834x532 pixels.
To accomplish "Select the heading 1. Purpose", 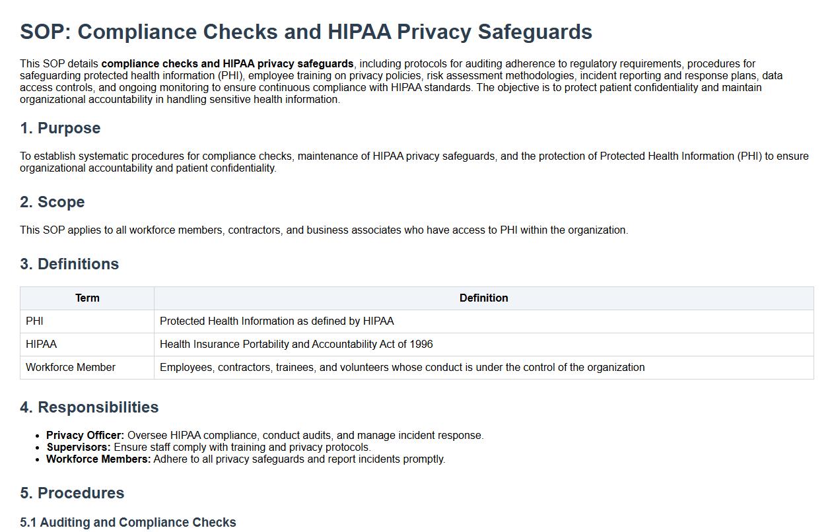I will tap(60, 128).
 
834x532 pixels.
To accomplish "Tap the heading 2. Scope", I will tap(52, 202).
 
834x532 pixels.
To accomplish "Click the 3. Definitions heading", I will tap(69, 264).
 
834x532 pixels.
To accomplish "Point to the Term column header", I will tap(87, 298).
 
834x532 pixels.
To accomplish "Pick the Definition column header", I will tap(483, 298).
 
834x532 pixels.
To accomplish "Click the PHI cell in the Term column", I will tap(34, 321).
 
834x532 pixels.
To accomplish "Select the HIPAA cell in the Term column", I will tap(41, 345).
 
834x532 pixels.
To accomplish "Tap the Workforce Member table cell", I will tap(71, 368).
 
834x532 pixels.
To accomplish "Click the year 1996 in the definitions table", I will tap(421, 345).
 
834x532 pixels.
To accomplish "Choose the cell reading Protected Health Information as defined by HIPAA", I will tap(277, 321).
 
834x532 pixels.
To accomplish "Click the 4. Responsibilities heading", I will tap(89, 407).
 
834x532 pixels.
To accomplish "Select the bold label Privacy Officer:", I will tap(85, 436).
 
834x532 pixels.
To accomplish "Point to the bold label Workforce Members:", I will tap(98, 459).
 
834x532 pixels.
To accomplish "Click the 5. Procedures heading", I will tap(72, 493).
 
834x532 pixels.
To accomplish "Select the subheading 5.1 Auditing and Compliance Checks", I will tap(128, 522).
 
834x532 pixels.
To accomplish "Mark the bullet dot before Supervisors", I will tap(38, 448).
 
